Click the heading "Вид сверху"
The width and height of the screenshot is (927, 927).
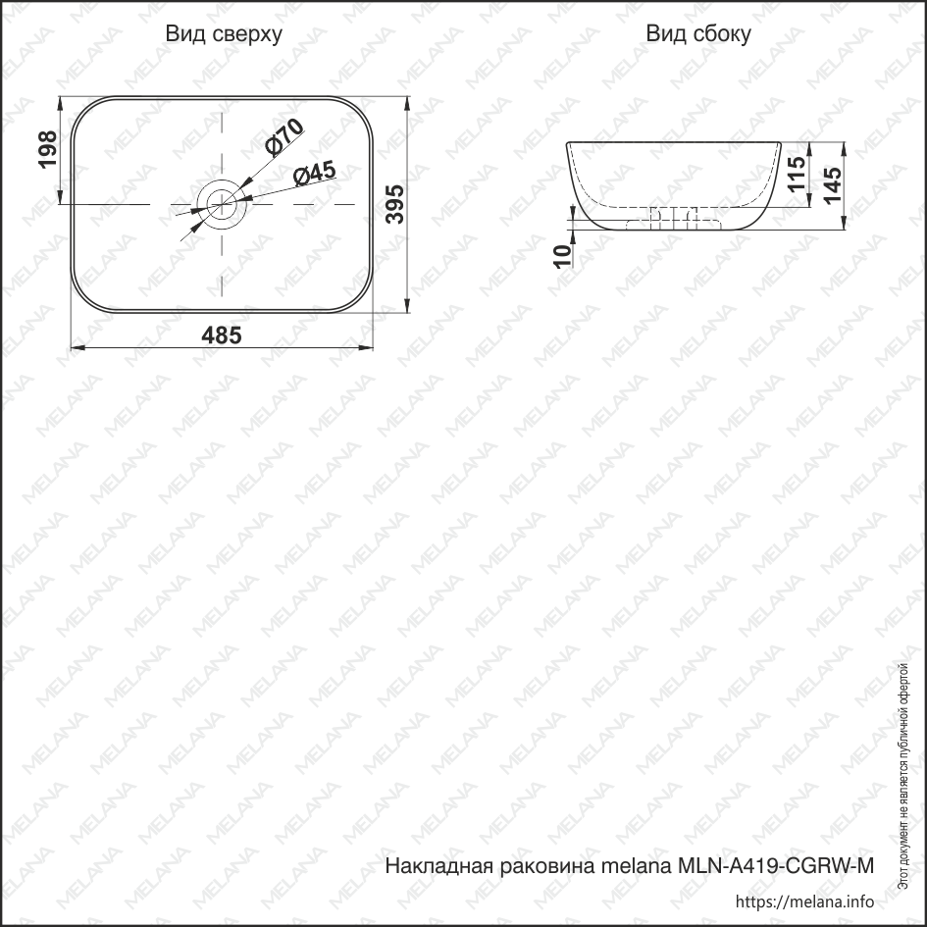(224, 34)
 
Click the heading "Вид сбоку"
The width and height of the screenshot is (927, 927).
(698, 33)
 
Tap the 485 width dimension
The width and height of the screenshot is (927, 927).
(222, 335)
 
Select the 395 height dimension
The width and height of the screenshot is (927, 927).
(395, 204)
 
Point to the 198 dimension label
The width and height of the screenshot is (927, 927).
(48, 149)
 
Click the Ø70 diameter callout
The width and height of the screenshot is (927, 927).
(284, 137)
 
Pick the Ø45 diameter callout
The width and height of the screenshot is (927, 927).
(315, 174)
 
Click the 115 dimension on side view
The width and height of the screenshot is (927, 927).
(797, 174)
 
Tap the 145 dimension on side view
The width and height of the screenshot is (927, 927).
(832, 185)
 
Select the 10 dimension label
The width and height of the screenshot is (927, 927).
(563, 256)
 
